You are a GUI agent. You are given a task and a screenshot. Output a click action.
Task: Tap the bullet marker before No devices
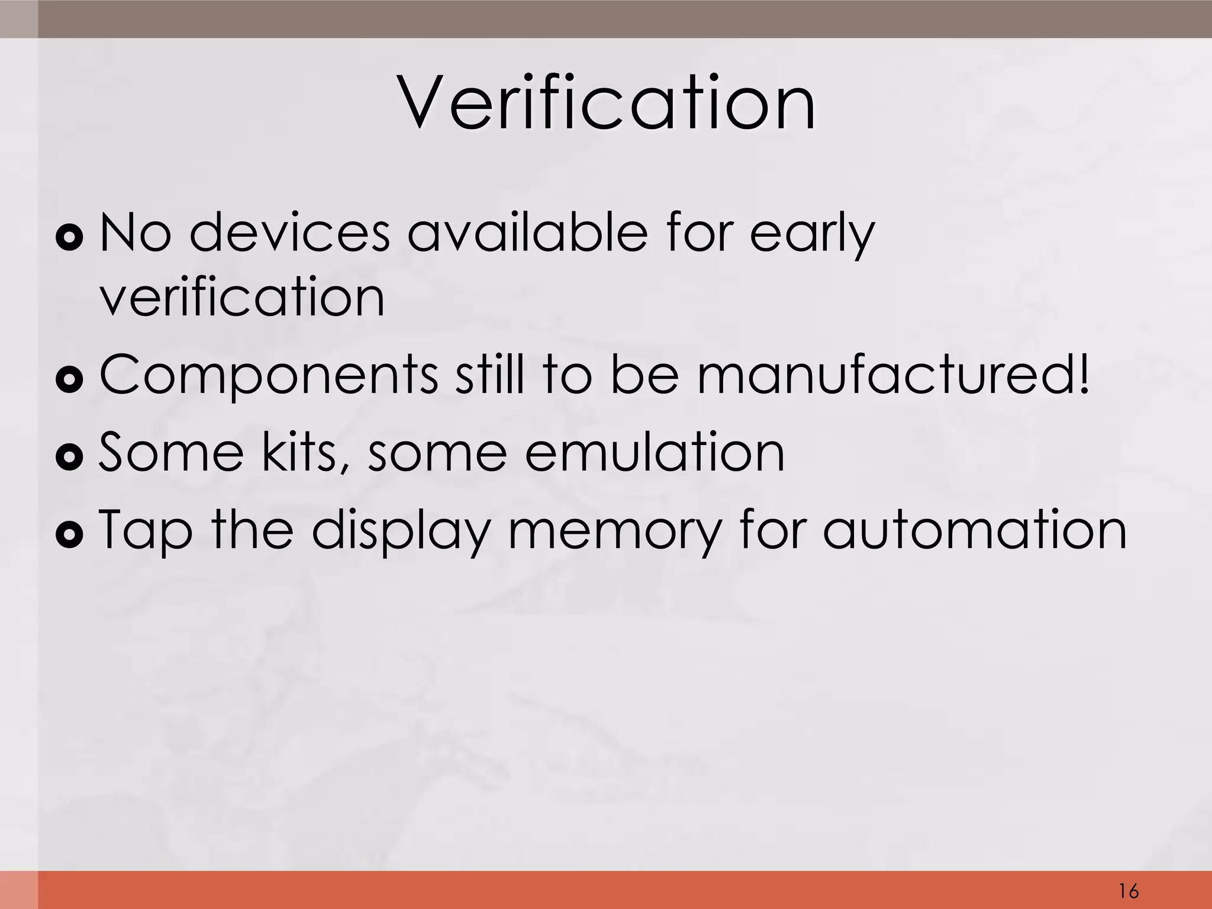coord(70,237)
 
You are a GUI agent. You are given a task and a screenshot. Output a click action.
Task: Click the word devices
coord(290,233)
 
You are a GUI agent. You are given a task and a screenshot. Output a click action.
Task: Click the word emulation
coord(655,452)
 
